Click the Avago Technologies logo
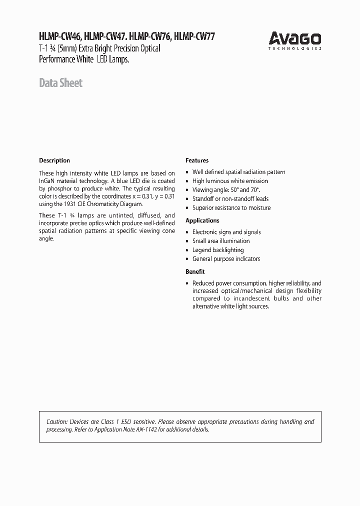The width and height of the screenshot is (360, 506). pyautogui.click(x=295, y=39)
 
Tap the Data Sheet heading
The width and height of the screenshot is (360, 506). pyautogui.click(x=60, y=83)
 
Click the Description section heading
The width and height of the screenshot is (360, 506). pyautogui.click(x=54, y=160)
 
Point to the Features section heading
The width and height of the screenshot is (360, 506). pyautogui.click(x=197, y=160)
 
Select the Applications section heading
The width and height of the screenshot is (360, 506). pyautogui.click(x=202, y=220)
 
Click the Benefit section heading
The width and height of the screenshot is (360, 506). pyautogui.click(x=195, y=271)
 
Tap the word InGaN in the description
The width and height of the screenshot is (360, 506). pyautogui.click(x=47, y=180)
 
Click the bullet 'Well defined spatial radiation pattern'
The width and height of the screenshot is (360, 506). pyautogui.click(x=238, y=172)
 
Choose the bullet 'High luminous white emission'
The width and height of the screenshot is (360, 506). pyautogui.click(x=230, y=181)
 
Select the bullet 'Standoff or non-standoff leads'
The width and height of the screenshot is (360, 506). pyautogui.click(x=230, y=199)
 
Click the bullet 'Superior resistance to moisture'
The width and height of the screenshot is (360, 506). pyautogui.click(x=231, y=208)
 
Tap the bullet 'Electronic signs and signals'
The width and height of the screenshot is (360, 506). pyautogui.click(x=226, y=232)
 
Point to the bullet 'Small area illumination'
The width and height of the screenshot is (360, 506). pyautogui.click(x=221, y=241)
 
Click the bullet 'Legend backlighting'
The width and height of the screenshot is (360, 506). pyautogui.click(x=218, y=250)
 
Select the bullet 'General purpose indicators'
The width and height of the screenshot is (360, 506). pyautogui.click(x=226, y=259)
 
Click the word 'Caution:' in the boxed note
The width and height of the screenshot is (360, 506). pyautogui.click(x=57, y=422)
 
